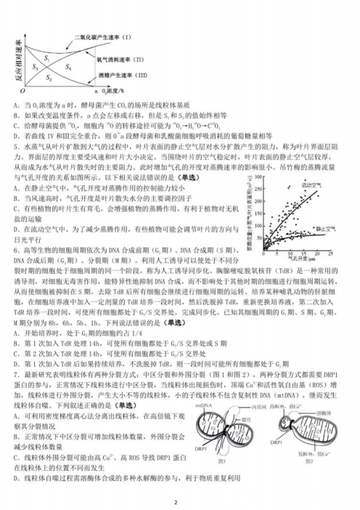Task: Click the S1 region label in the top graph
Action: [x=46, y=57]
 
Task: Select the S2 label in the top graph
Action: [x=49, y=76]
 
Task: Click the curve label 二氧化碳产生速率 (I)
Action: [x=101, y=36]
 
